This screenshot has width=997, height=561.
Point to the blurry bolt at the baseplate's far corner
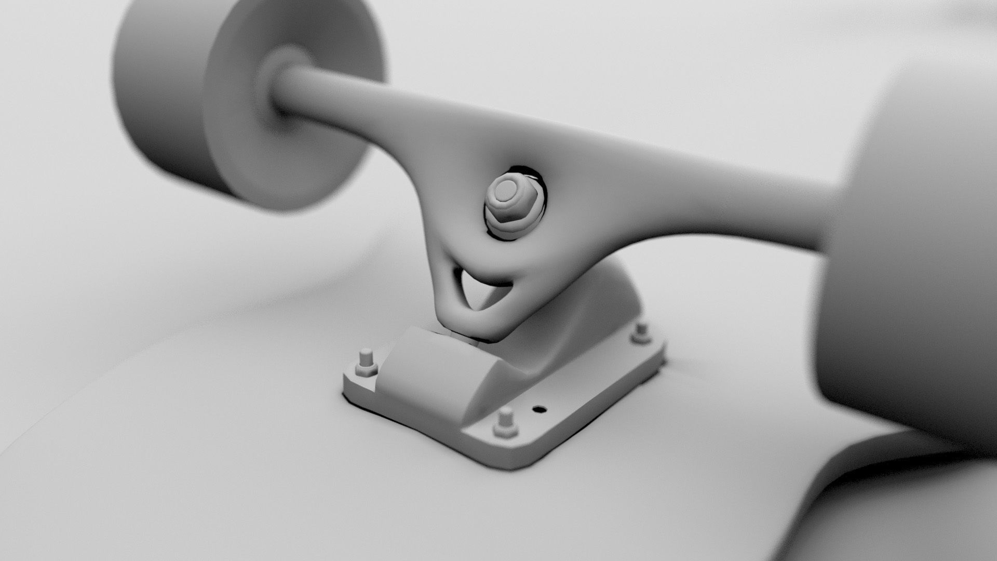642,332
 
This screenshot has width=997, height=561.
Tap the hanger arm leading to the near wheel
727,203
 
